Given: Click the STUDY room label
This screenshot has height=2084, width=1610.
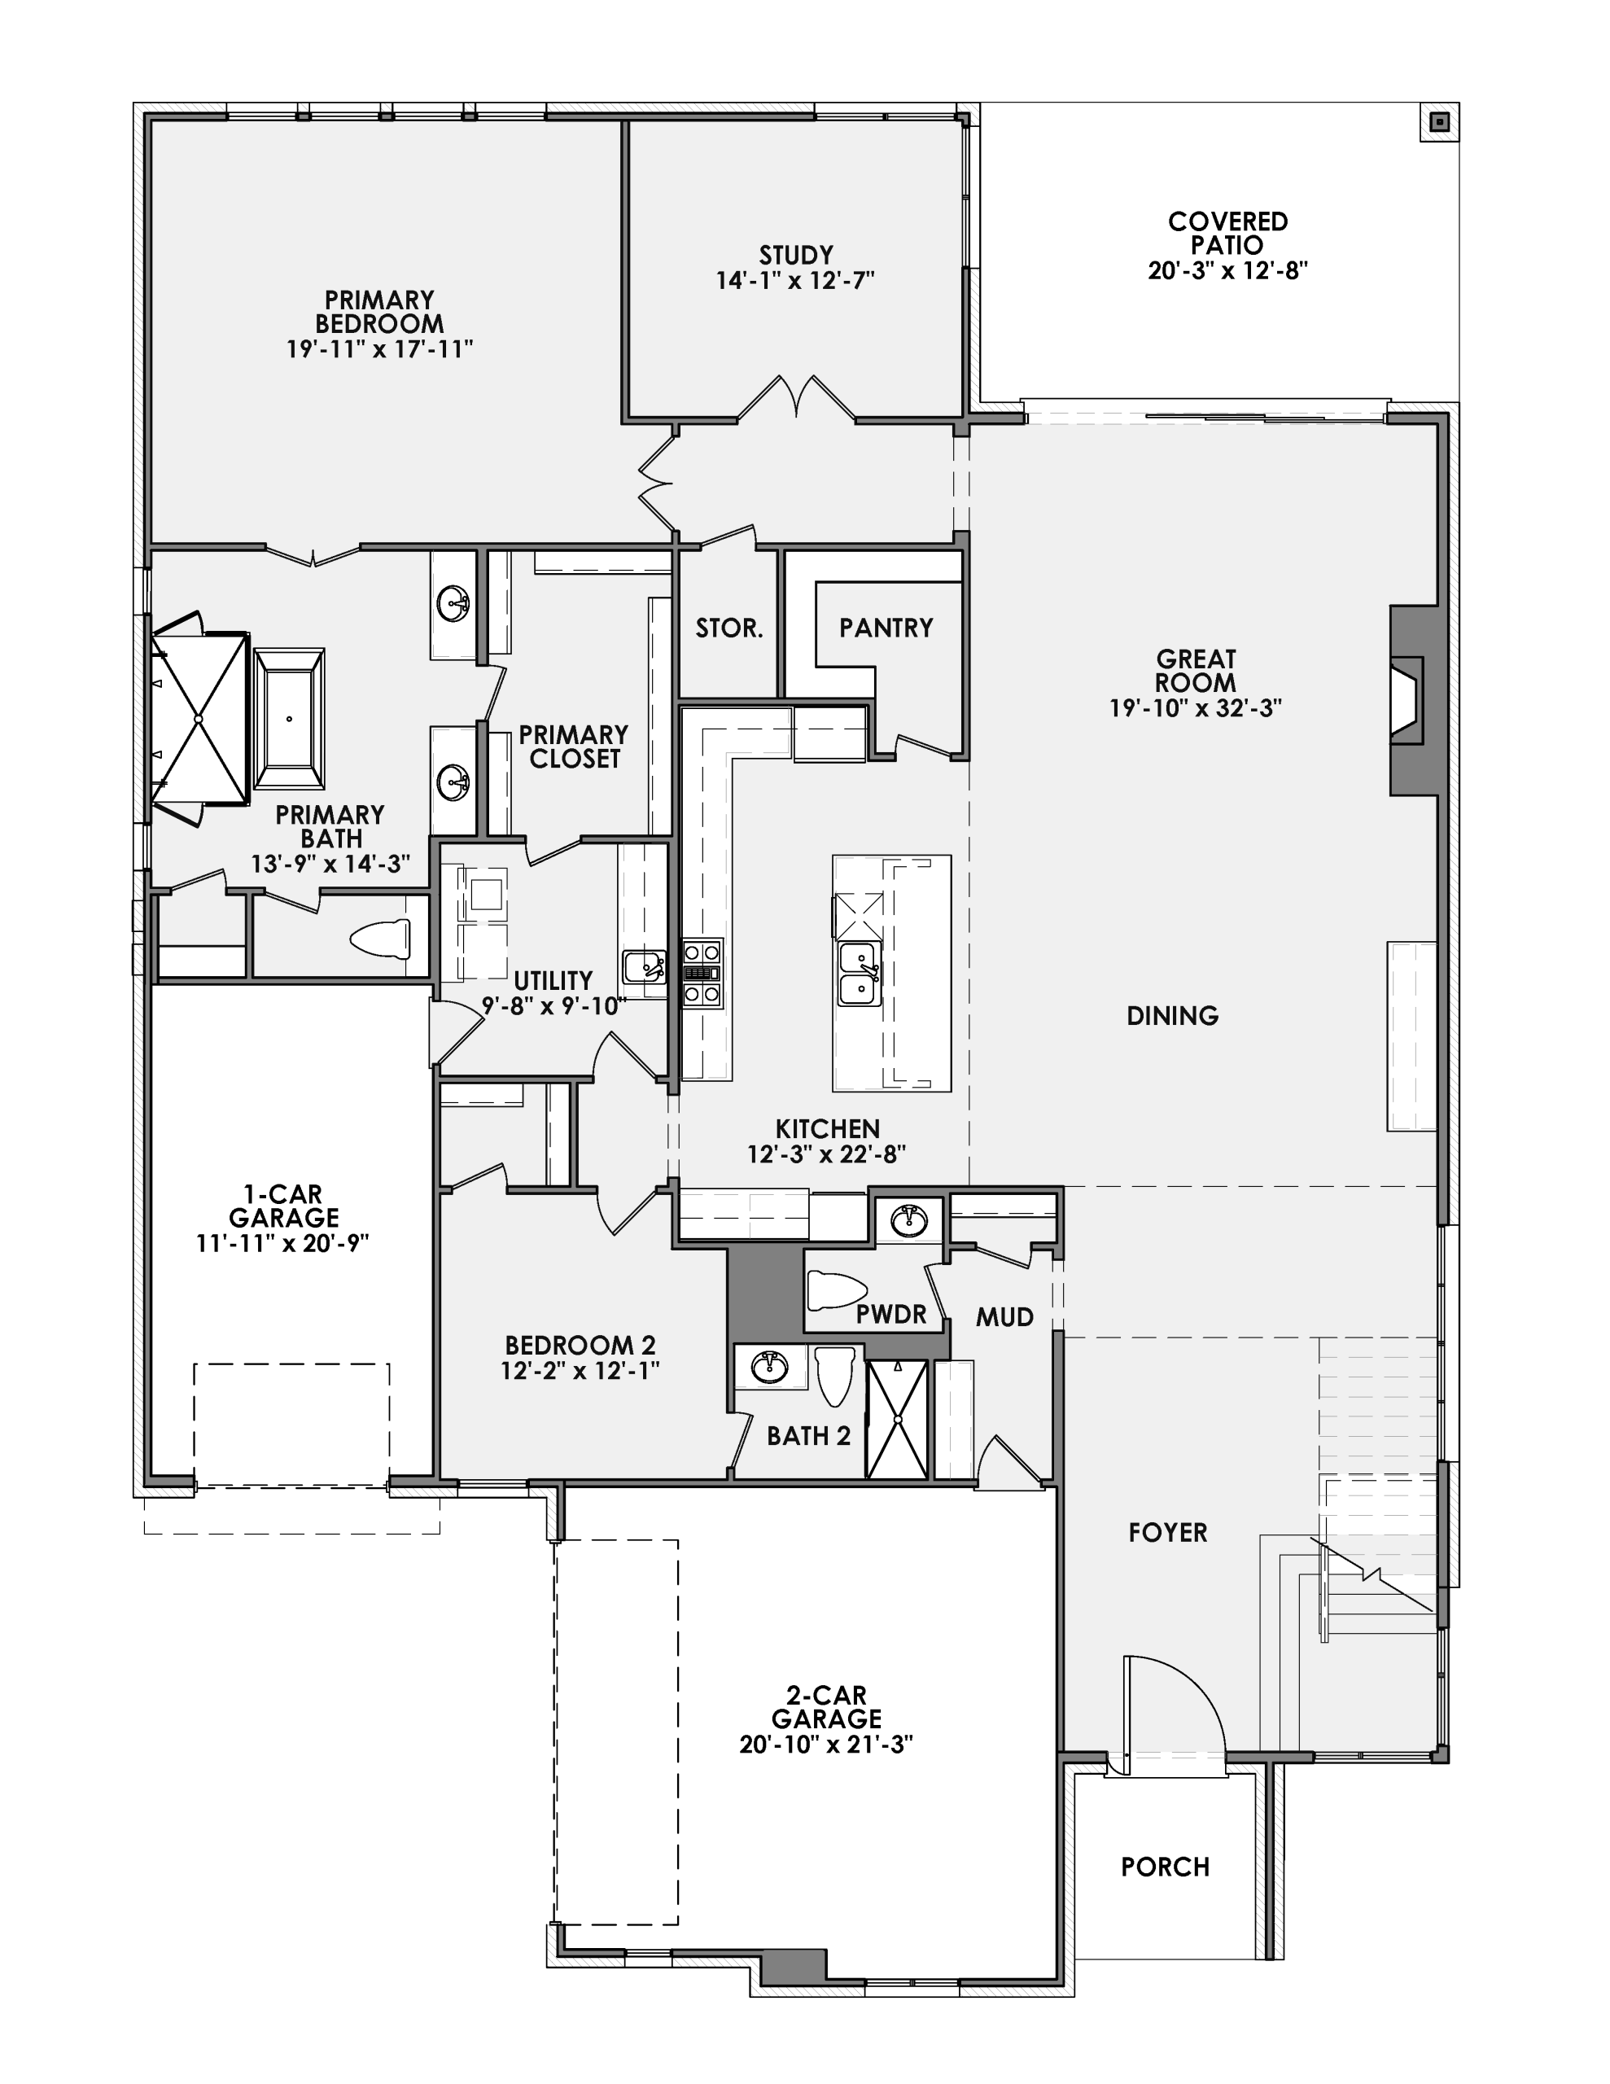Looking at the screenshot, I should (x=795, y=256).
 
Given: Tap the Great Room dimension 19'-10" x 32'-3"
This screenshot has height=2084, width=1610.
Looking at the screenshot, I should (x=1194, y=708).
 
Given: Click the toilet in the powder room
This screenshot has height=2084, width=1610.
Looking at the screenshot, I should (x=835, y=1291).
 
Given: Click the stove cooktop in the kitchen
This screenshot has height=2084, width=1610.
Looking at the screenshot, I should (x=702, y=974).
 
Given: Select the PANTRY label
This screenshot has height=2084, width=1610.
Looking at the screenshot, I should (x=886, y=628).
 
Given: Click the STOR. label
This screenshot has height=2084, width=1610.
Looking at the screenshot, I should (x=728, y=628).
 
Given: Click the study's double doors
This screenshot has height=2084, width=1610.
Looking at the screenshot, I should (x=797, y=399).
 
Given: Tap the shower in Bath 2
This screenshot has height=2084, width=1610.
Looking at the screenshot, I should (x=897, y=1420).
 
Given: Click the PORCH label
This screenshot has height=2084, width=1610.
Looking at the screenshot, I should (x=1164, y=1867).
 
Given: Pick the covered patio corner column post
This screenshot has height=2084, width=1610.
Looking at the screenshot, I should (x=1440, y=122).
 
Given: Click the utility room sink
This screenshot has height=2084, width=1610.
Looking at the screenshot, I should (x=644, y=966).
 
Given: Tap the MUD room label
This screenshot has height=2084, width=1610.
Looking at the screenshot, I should (x=1004, y=1318).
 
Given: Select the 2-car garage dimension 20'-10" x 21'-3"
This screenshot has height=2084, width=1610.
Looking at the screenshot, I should (x=825, y=1745).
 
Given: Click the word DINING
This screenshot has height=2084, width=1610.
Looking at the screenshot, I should (x=1172, y=1015).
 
